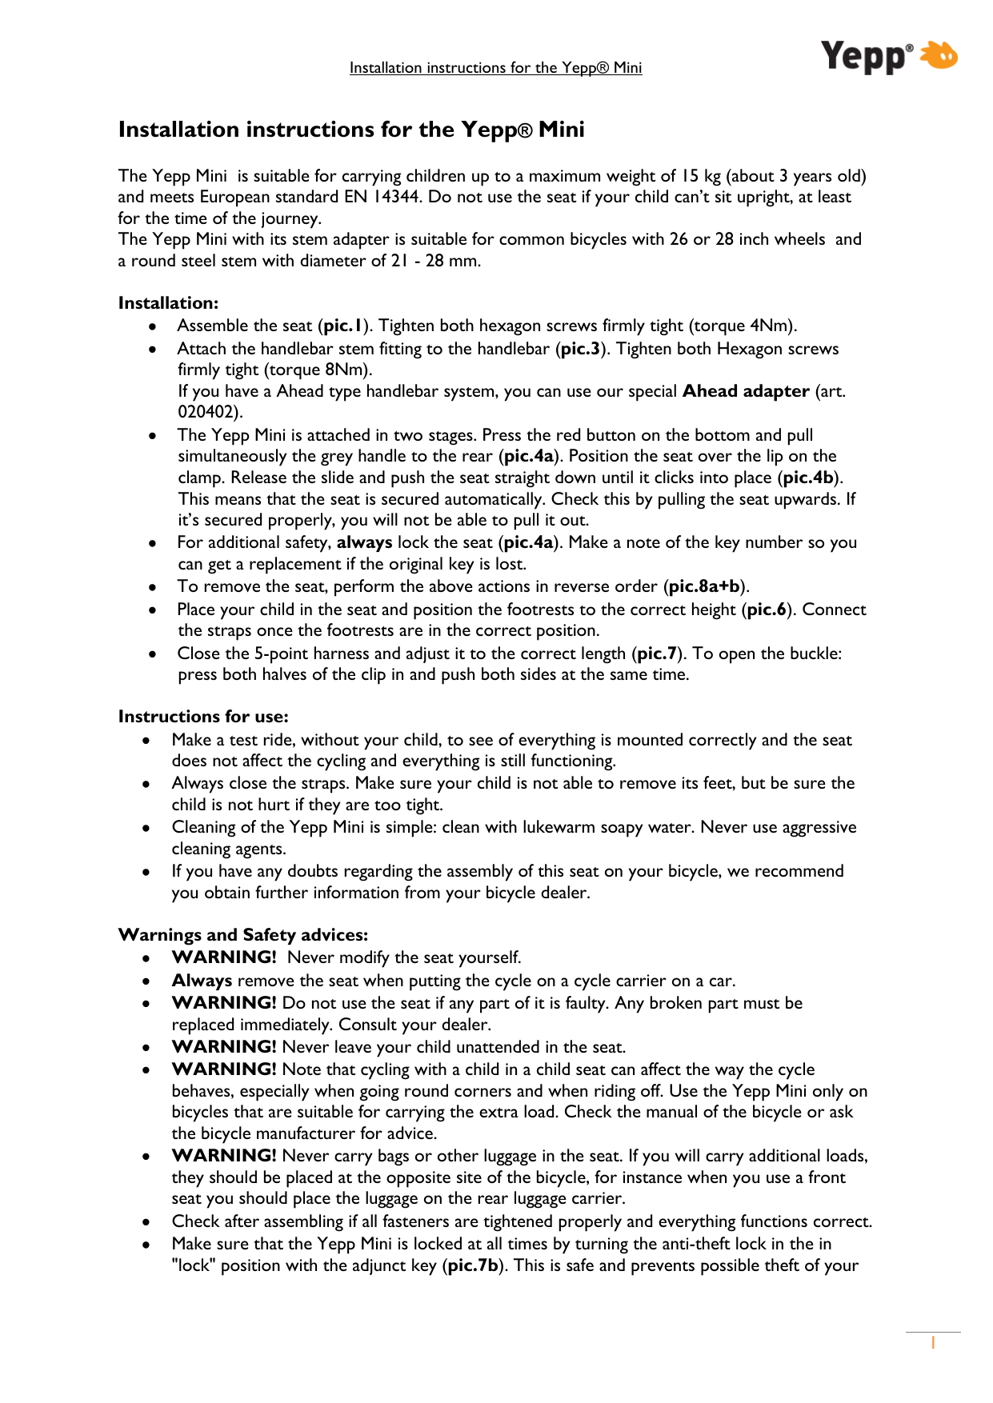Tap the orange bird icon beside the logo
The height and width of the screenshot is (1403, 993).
pos(938,55)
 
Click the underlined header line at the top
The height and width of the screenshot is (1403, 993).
pos(495,68)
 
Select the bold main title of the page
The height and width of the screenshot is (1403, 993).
pos(351,130)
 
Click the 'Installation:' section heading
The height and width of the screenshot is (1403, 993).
pos(168,303)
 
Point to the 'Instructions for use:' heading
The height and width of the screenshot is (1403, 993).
pos(203,717)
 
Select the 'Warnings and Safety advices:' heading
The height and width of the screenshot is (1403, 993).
pos(243,935)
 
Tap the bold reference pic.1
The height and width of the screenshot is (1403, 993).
pos(344,326)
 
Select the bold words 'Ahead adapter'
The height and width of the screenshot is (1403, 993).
pos(746,391)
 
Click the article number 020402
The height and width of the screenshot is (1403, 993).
pos(207,412)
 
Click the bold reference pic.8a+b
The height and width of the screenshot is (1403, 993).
pos(704,586)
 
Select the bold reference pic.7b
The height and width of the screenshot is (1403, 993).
pos(473,1265)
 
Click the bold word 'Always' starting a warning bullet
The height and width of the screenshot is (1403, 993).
pos(202,981)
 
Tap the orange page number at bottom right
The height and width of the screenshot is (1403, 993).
pos(933,1343)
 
